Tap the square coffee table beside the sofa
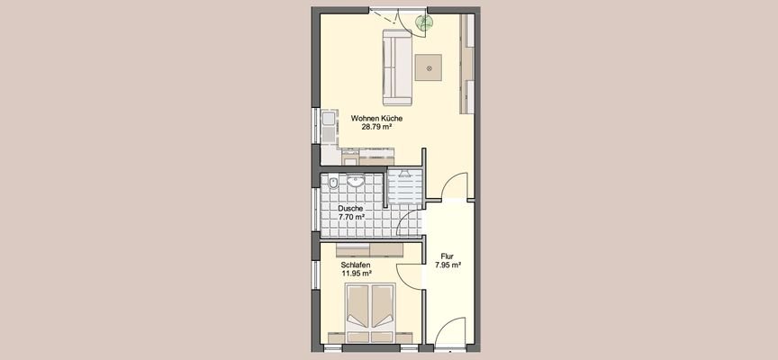point(430,66)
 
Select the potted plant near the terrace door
point(421,24)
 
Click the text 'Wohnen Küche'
point(376,119)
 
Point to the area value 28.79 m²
point(376,128)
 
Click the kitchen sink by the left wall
point(326,121)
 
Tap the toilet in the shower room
point(333,184)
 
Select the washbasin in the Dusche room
point(357,181)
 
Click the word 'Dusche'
point(351,209)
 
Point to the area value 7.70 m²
point(351,218)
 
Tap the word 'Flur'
point(448,256)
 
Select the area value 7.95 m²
point(448,265)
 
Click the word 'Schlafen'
point(357,265)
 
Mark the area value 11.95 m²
point(357,274)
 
